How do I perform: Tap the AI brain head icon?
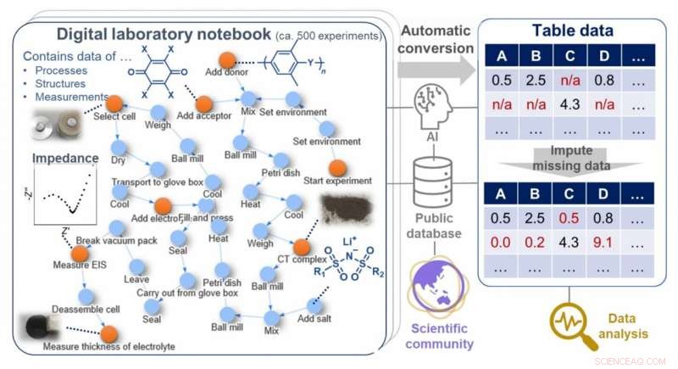(x=433, y=107)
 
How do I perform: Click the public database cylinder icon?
(x=432, y=179)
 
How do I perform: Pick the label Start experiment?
(x=337, y=181)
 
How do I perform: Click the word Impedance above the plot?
(x=60, y=159)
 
